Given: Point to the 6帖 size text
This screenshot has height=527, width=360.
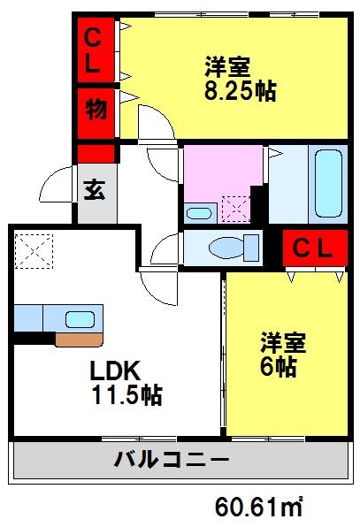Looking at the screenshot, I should pyautogui.click(x=279, y=368).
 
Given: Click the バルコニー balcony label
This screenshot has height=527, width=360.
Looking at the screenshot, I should pyautogui.click(x=172, y=460).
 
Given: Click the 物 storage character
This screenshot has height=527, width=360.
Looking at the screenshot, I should pyautogui.click(x=96, y=109).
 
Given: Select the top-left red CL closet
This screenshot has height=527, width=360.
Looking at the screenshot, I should pyautogui.click(x=96, y=50).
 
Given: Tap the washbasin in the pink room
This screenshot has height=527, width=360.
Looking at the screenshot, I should pyautogui.click(x=200, y=212).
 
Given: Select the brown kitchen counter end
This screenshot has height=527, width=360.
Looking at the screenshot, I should pyautogui.click(x=78, y=339).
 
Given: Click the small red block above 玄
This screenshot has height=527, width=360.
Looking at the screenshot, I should pyautogui.click(x=96, y=152).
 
